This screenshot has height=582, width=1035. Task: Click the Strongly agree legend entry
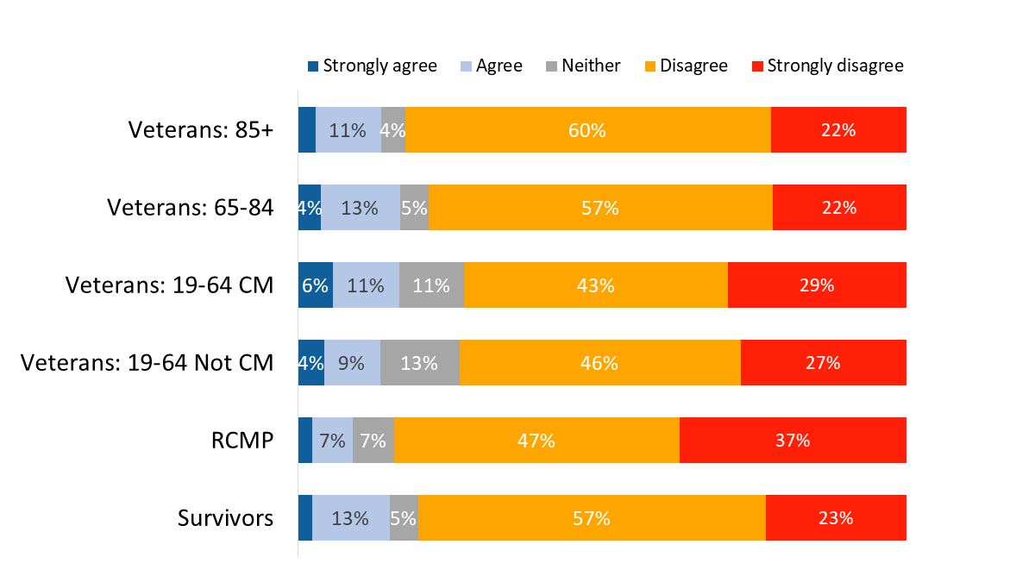373,66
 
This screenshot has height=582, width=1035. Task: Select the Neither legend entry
583,66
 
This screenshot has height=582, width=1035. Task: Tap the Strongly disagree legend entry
827,66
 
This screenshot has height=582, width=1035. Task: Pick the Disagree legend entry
686,66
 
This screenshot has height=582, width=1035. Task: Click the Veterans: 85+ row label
201,130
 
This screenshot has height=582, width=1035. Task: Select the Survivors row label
226,518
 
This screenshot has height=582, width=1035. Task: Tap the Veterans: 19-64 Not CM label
147,363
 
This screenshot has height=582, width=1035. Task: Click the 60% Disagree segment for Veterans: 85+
587,130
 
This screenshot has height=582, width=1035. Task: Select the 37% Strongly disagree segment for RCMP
793,441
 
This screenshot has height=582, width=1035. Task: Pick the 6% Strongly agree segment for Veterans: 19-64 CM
316,285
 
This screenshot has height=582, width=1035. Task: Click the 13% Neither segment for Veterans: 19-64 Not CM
420,363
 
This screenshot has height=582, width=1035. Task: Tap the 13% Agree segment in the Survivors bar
351,518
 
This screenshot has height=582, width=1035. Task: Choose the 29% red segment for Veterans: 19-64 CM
817,285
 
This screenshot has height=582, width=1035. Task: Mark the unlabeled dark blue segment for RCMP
305,441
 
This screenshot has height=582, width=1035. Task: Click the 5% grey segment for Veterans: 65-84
415,208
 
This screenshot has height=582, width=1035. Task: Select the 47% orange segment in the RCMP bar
536,441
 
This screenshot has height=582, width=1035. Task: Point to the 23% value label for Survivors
836,518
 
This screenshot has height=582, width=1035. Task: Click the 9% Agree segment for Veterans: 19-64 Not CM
352,363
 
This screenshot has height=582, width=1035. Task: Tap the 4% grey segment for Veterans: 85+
393,130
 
